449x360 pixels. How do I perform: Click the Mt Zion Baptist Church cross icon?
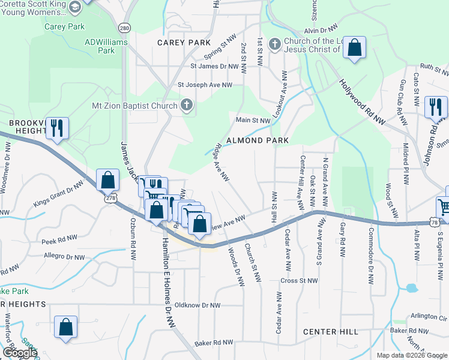187,106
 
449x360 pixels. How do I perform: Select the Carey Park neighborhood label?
184,43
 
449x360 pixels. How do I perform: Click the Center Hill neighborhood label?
331,332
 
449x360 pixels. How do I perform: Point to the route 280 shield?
124,28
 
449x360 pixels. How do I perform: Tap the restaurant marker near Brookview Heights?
57,128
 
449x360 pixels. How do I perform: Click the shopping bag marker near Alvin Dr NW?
355,49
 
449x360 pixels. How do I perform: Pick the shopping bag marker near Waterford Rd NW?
66,328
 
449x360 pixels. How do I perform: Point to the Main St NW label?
254,121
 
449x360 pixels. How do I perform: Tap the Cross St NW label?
299,280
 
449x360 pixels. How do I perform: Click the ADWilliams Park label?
100,46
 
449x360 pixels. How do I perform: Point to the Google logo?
19,353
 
